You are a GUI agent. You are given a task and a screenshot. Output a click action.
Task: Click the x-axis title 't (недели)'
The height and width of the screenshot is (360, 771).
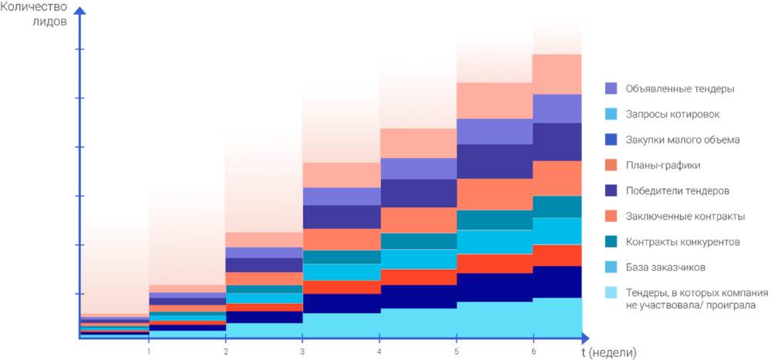[609, 352]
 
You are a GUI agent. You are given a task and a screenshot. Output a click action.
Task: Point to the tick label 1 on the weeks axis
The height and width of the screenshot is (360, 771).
[148, 351]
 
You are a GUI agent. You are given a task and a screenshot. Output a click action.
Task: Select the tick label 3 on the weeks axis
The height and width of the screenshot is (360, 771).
[302, 351]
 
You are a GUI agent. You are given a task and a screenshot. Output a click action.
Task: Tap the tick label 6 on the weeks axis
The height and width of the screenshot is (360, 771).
[534, 351]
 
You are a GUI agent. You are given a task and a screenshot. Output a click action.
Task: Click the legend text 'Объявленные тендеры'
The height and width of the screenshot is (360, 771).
[679, 89]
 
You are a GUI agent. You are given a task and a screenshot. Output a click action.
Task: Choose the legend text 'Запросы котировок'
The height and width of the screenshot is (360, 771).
[673, 114]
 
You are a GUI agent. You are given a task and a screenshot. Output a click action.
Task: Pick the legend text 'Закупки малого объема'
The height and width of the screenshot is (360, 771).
[683, 140]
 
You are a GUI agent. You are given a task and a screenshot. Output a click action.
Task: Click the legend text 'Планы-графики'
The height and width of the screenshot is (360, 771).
[664, 165]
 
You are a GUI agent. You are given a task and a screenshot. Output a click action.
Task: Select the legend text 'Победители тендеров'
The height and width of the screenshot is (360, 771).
[678, 190]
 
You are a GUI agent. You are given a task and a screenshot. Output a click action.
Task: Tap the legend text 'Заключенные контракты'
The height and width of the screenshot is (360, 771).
[684, 216]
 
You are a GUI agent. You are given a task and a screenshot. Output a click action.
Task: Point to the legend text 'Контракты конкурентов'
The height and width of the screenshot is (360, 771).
[683, 242]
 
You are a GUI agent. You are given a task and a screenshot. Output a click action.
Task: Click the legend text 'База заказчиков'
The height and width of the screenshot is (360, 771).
[667, 267]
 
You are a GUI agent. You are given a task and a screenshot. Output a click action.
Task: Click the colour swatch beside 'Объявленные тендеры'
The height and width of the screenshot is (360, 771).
[611, 89]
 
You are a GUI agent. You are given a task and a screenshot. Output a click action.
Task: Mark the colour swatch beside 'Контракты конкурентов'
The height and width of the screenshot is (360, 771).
[611, 242]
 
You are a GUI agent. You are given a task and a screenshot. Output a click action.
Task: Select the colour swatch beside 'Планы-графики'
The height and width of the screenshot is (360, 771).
[611, 165]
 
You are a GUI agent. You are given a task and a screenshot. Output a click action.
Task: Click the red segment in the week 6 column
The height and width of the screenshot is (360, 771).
[557, 255]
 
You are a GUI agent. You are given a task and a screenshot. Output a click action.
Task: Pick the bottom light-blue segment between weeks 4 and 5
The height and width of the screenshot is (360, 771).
[418, 322]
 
